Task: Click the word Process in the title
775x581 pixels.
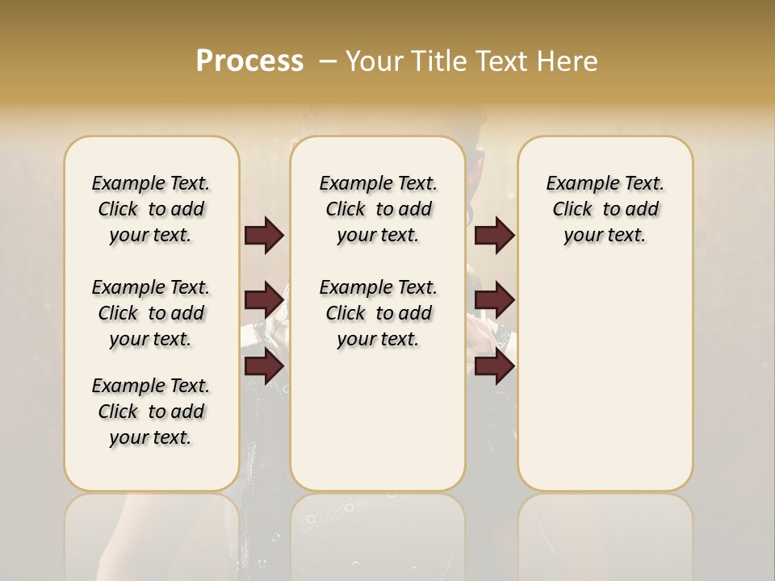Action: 249,61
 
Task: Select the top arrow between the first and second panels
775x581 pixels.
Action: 264,236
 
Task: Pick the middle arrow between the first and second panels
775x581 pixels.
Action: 264,300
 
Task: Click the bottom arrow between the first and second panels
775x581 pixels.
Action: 264,366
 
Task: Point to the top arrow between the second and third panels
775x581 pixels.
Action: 494,236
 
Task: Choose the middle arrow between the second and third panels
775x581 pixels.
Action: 494,300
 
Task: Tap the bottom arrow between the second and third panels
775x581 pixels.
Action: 494,366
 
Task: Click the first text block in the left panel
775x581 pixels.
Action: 151,209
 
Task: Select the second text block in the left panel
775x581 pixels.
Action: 151,313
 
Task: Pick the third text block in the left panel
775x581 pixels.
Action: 151,412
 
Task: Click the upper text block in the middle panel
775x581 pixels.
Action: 378,209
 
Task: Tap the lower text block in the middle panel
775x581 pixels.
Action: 378,313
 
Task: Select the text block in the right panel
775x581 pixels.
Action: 605,209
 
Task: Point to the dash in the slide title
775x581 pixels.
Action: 328,61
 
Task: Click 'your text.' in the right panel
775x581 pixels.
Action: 605,236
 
